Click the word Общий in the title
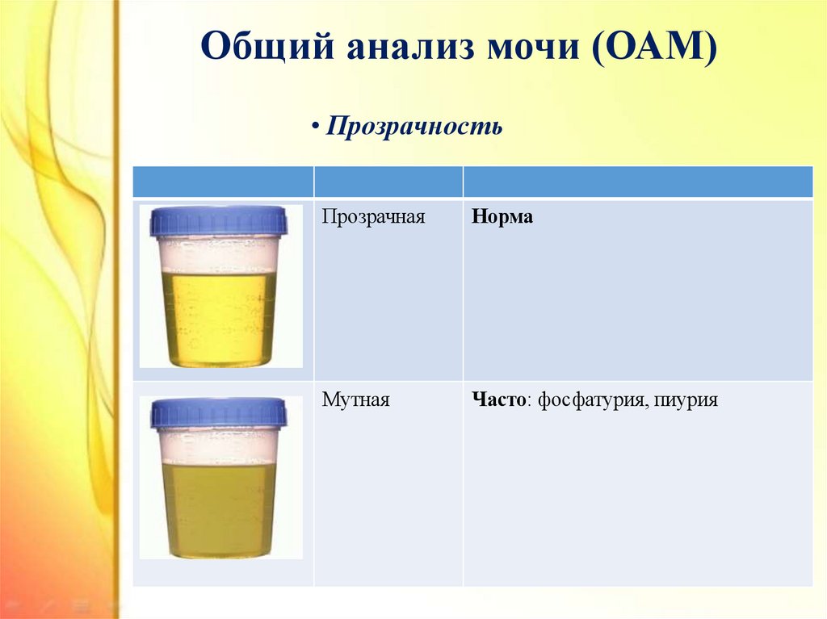pos(267,46)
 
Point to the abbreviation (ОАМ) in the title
pos(654,46)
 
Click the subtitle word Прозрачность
pos(414,126)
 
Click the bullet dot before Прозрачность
pos(315,127)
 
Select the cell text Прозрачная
pos(373,217)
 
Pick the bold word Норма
pos(502,217)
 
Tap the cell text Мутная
pos(355,399)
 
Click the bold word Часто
pos(498,399)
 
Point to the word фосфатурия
pos(591,400)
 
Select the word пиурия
pos(686,400)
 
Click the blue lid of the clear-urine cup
pos(219,221)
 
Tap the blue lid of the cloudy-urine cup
pos(219,413)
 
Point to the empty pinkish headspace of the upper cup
pos(219,253)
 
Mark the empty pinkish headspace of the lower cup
pos(219,445)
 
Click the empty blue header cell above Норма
pos(638,182)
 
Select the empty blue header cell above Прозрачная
pos(388,182)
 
